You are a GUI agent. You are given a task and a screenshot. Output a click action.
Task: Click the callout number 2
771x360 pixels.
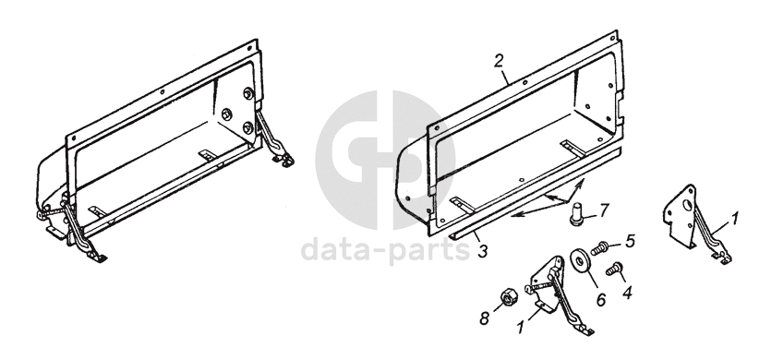tap(500, 62)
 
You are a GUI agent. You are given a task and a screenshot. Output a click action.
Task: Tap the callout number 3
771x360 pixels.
tap(482, 251)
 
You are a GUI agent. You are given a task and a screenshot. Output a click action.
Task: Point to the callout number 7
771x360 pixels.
tap(603, 210)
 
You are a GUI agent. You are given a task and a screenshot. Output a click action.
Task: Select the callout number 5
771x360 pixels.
tap(631, 241)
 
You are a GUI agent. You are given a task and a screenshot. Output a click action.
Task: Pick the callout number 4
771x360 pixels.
tap(627, 292)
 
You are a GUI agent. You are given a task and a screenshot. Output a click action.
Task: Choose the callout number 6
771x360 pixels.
tap(601, 299)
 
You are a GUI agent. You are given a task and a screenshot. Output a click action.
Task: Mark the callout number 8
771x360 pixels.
tap(486, 318)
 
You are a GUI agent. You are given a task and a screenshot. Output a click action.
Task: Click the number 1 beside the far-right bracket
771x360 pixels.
tap(734, 219)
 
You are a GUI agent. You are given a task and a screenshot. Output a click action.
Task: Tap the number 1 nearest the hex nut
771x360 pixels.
tap(521, 327)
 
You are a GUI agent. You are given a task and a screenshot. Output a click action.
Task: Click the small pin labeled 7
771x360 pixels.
tap(577, 216)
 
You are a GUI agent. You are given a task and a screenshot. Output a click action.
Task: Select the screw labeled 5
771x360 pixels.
tap(599, 249)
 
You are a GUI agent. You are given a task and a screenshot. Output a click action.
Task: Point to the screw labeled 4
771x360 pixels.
tap(614, 269)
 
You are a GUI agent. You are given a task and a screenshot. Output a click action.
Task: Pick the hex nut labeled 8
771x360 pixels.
tap(509, 298)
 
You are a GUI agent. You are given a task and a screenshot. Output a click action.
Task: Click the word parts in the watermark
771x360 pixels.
tap(428, 251)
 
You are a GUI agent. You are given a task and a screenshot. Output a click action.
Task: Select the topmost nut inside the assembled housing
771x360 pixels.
tap(248, 92)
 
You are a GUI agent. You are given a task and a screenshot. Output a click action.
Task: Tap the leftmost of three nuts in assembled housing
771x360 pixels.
tap(227, 114)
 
